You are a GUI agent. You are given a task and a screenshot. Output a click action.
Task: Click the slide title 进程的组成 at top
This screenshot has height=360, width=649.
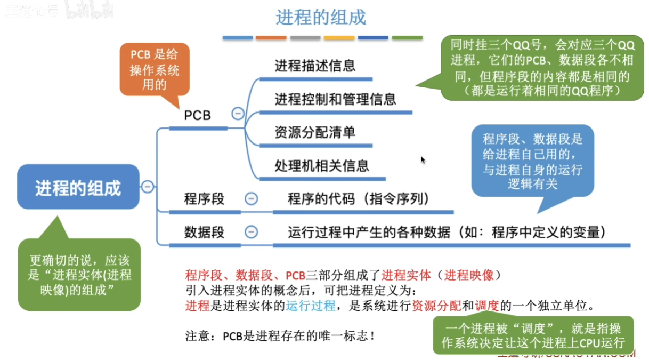[321, 18]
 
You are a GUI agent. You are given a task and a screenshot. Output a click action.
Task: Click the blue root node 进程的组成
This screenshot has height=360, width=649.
[78, 188]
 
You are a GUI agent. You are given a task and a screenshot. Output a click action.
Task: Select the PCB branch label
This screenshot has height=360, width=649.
[197, 115]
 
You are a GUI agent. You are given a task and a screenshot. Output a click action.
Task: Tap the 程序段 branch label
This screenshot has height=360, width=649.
[204, 199]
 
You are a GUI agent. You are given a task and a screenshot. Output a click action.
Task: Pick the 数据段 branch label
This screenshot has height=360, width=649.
[204, 233]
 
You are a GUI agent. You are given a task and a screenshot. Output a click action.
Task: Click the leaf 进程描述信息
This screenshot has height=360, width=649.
[315, 66]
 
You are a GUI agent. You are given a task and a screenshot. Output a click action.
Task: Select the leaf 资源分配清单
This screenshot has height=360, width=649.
[315, 132]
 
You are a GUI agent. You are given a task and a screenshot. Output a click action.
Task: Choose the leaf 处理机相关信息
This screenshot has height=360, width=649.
[322, 165]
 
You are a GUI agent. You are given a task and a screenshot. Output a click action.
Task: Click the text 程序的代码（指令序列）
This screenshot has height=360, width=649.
[359, 199]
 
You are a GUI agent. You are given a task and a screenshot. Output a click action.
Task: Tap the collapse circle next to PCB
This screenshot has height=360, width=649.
[238, 114]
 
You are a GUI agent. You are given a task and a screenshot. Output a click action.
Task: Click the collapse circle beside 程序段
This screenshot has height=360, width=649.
[251, 198]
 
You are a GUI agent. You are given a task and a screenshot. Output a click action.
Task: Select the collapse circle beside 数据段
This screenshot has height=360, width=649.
[251, 232]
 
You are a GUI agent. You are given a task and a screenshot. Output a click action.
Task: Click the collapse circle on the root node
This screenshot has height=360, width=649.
[148, 187]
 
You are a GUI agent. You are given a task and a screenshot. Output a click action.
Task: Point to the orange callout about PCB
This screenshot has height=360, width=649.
[155, 69]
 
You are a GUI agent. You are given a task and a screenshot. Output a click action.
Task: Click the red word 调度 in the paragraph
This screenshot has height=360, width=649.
[486, 306]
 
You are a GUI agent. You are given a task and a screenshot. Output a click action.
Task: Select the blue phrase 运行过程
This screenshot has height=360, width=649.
[310, 306]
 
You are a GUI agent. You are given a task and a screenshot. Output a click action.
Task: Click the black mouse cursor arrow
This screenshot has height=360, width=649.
[423, 160]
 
